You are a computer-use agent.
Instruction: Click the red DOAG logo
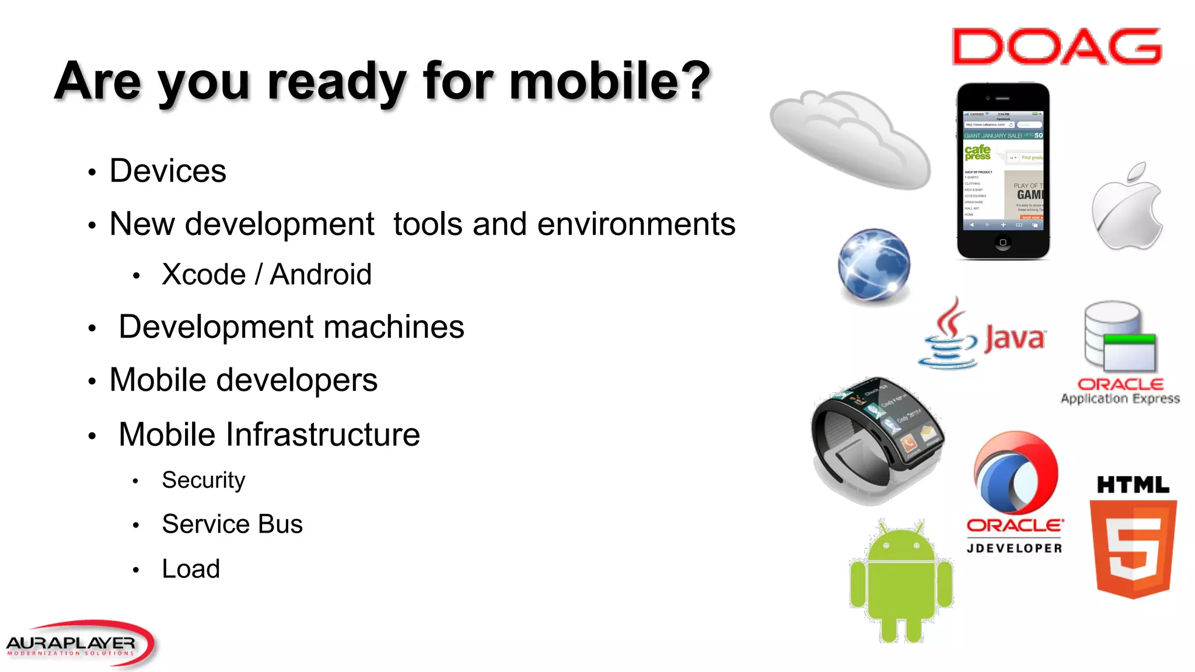coord(1057,46)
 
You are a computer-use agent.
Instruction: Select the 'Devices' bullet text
coord(167,171)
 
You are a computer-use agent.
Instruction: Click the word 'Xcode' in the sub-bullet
coord(204,274)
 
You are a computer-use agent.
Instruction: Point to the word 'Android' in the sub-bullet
coord(320,274)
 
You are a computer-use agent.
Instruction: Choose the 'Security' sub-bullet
coord(203,480)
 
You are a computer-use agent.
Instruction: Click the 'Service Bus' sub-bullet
coord(232,524)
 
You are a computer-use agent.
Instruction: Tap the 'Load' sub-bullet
coord(191,569)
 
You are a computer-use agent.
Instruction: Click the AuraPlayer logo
coord(79,643)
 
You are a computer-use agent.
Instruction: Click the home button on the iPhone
coord(1003,242)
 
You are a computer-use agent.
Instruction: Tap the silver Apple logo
coord(1127,210)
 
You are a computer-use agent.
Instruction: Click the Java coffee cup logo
coord(948,335)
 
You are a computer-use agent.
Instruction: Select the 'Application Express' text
coord(1120,399)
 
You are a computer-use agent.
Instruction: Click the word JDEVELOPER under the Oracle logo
coord(1014,548)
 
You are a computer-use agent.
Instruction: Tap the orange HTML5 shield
coord(1133,548)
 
